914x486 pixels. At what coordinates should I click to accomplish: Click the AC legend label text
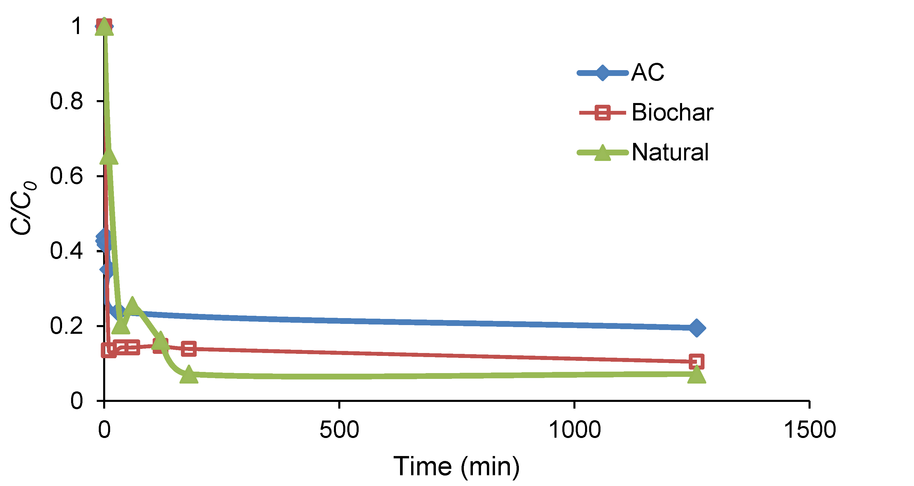coord(647,73)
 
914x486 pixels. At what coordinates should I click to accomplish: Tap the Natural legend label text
coord(670,152)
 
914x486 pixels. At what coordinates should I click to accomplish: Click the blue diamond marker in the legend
coord(602,73)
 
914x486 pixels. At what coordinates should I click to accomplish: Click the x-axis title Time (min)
coord(456,467)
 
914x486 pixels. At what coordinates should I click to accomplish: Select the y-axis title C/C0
coord(23,208)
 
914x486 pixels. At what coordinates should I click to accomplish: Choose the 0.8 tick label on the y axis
coord(66,101)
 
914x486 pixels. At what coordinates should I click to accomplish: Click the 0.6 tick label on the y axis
coord(66,176)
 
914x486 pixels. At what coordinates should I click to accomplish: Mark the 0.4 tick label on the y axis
coord(66,251)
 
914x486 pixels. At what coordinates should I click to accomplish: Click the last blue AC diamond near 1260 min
coord(696,328)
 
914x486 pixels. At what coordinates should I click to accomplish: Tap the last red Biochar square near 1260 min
coord(696,361)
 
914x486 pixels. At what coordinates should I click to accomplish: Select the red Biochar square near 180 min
coord(189,349)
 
